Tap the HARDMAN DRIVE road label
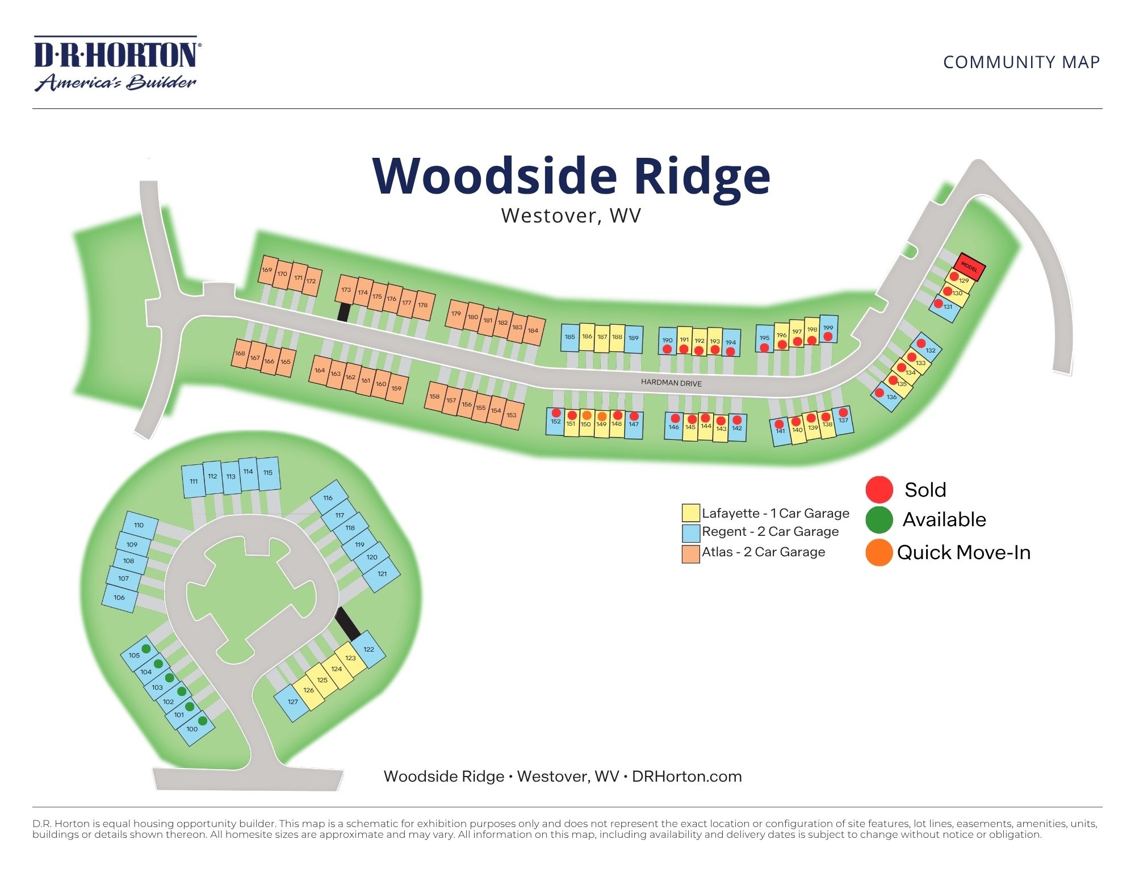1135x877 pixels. pyautogui.click(x=671, y=383)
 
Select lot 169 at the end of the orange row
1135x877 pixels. pyautogui.click(x=267, y=271)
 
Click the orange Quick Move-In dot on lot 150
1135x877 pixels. pyautogui.click(x=587, y=415)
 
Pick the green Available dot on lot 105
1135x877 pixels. pyautogui.click(x=146, y=648)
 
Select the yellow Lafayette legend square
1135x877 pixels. pyautogui.click(x=690, y=513)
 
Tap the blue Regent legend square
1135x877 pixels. pyautogui.click(x=690, y=532)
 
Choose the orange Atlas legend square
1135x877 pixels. pyautogui.click(x=690, y=553)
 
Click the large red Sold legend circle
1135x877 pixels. pyautogui.click(x=879, y=489)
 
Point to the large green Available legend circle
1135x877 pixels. pyautogui.click(x=879, y=519)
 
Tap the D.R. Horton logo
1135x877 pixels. pyautogui.click(x=116, y=64)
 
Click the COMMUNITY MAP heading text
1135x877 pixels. pyautogui.click(x=1021, y=62)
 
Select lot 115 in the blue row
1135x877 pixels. pyautogui.click(x=269, y=473)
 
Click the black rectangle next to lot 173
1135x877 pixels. pyautogui.click(x=343, y=312)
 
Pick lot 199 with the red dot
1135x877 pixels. pyautogui.click(x=829, y=329)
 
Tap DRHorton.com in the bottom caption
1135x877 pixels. pyautogui.click(x=686, y=777)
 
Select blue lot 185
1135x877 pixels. pyautogui.click(x=569, y=337)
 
